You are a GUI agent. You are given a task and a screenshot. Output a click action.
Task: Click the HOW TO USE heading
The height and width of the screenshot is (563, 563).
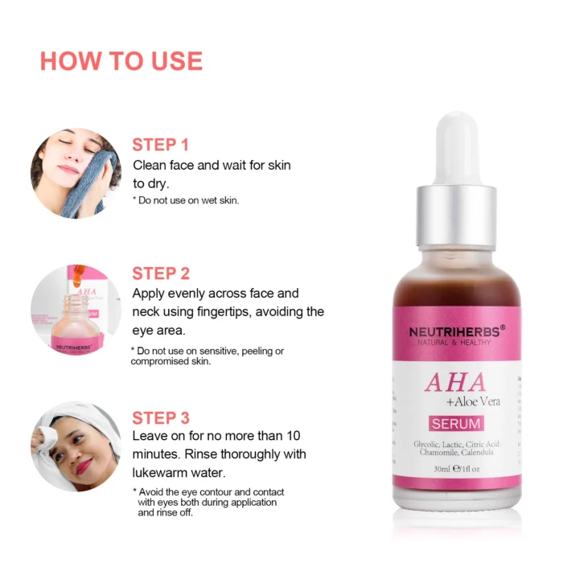(x=121, y=61)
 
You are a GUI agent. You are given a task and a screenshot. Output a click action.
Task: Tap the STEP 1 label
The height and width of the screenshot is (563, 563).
(x=160, y=145)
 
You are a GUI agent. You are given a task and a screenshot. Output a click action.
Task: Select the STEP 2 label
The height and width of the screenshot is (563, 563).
(x=161, y=273)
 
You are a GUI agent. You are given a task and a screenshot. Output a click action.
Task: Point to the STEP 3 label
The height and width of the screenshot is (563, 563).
(x=161, y=417)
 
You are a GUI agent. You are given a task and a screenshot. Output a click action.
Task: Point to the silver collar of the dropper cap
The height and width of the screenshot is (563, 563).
(x=456, y=211)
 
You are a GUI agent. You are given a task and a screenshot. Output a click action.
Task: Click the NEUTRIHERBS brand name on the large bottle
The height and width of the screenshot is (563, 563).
(x=453, y=331)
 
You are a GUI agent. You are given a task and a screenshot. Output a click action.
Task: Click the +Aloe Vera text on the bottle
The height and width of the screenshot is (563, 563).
(x=472, y=401)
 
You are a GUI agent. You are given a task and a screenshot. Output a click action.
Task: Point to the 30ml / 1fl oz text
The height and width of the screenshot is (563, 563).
(x=456, y=469)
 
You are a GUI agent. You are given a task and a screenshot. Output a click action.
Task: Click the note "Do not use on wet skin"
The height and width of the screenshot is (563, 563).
(x=186, y=200)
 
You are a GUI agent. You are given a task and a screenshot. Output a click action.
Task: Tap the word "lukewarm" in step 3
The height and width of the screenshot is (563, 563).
(x=161, y=472)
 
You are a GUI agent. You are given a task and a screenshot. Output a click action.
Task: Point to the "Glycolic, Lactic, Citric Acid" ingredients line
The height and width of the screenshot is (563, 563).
(x=456, y=444)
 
